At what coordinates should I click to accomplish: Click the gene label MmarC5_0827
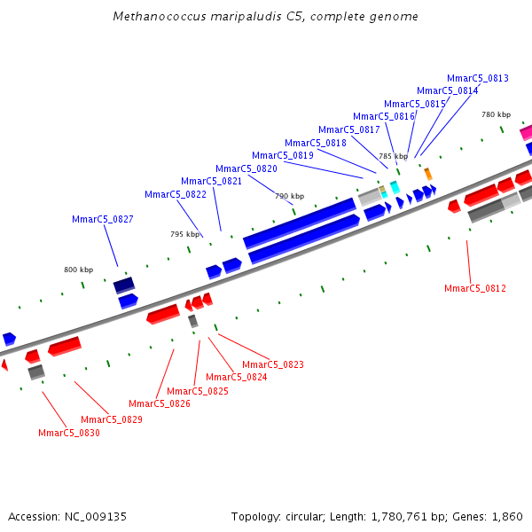[x=102, y=219]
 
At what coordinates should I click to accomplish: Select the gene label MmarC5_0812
[x=475, y=288]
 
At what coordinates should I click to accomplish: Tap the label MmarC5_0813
[x=478, y=78]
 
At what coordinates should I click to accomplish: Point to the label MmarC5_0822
[x=176, y=194]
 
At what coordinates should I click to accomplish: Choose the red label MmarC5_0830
[x=69, y=433]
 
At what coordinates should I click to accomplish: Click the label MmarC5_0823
[x=273, y=364]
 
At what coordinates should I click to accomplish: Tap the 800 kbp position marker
[x=78, y=270]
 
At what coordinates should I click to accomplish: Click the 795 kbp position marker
[x=184, y=234]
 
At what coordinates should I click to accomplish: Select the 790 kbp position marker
[x=289, y=196]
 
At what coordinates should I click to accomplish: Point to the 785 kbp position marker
[x=393, y=156]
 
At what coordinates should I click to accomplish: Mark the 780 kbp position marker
[x=496, y=114]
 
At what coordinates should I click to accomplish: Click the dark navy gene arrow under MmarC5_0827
[x=124, y=285]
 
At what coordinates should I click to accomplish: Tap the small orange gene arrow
[x=428, y=174]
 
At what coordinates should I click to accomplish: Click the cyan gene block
[x=395, y=187]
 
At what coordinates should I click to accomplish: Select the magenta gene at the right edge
[x=526, y=132]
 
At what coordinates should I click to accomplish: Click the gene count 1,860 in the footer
[x=507, y=516]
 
